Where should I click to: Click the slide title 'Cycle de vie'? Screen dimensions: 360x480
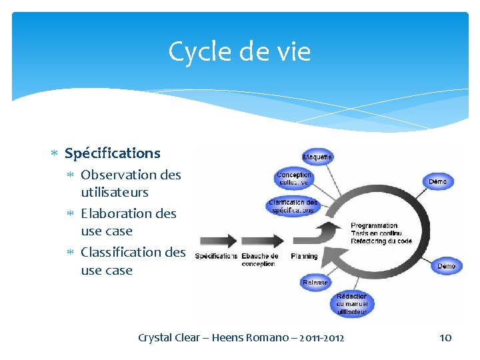pyautogui.click(x=239, y=51)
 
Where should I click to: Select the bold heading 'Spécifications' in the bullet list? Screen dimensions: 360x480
pyautogui.click(x=112, y=153)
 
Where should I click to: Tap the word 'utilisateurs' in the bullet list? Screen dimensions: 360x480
pyautogui.click(x=114, y=192)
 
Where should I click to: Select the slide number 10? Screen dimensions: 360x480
pyautogui.click(x=445, y=337)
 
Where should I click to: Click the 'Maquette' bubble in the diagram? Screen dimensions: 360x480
pyautogui.click(x=318, y=157)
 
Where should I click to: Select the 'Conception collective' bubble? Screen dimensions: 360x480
pyautogui.click(x=294, y=178)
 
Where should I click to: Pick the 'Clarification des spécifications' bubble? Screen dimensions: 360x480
pyautogui.click(x=293, y=206)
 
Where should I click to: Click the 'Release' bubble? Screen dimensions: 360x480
pyautogui.click(x=315, y=282)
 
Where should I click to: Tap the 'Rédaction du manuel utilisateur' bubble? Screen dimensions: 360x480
pyautogui.click(x=351, y=304)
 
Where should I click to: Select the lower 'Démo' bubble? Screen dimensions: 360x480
pyautogui.click(x=446, y=266)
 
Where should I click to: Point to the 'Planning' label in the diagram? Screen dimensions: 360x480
pyautogui.click(x=304, y=256)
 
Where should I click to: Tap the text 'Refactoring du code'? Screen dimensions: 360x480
pyautogui.click(x=381, y=241)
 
